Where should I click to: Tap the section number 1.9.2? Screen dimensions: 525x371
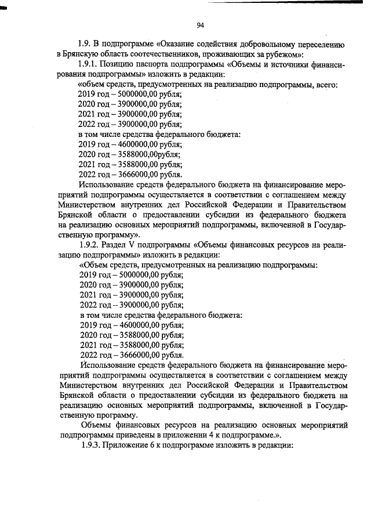tap(92, 245)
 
